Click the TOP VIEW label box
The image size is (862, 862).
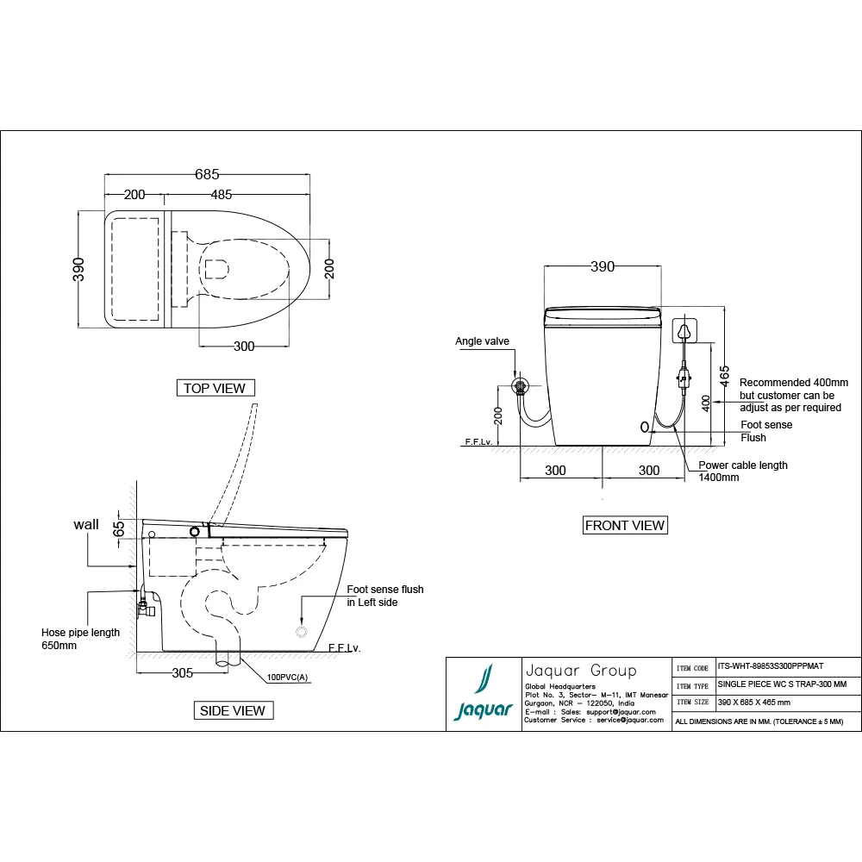point(215,388)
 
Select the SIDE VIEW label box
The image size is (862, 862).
point(234,710)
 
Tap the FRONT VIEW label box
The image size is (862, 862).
point(625,525)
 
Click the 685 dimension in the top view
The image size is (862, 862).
point(207,173)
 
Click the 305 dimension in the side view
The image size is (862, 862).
point(182,673)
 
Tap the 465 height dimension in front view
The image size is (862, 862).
point(725,376)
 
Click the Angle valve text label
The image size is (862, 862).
point(482,341)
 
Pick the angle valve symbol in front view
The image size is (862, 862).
point(520,386)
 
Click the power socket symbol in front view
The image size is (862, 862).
point(685,331)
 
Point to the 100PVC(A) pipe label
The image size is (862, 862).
point(289,678)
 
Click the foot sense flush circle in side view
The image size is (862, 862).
point(302,632)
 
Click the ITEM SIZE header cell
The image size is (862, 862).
point(693,703)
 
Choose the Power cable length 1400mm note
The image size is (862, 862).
point(742,471)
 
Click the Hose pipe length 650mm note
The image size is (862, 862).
point(81,639)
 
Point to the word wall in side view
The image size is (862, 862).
point(86,524)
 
